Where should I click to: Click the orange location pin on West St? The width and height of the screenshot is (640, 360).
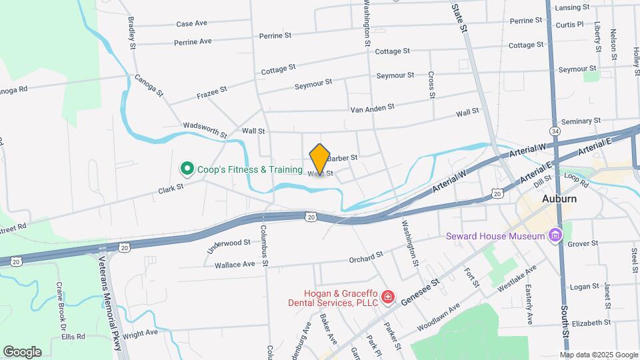320,159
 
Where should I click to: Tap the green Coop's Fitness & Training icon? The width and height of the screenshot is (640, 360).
187,169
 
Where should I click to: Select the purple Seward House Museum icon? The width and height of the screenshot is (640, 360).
554,235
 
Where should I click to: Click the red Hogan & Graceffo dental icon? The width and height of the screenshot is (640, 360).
388,297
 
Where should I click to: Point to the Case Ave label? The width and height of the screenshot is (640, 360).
191,23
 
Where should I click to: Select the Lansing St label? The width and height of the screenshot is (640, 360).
572,7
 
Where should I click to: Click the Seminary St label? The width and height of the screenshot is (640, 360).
581,121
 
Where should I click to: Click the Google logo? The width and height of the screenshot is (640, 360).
22,351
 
